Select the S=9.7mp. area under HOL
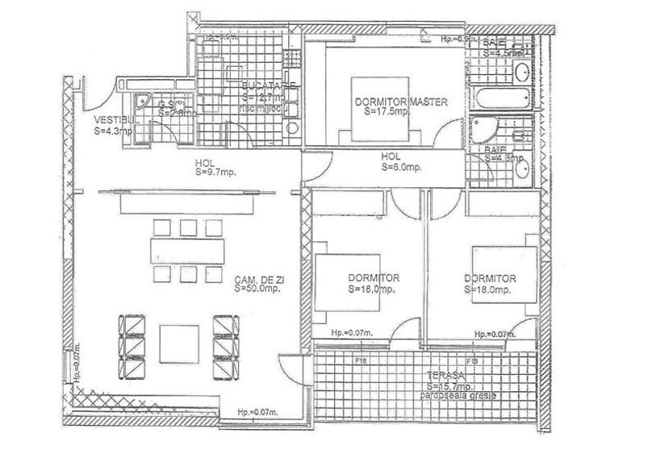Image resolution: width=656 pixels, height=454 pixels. point(216,172)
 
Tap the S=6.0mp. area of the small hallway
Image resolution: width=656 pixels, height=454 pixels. point(401,168)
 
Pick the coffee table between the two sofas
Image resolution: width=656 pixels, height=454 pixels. point(179,343)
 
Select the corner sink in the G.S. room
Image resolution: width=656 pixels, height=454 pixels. point(144,102)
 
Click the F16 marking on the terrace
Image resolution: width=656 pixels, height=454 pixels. point(361,362)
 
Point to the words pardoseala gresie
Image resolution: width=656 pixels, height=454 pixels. point(456,397)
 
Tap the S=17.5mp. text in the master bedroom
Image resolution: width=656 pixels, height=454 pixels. point(387,112)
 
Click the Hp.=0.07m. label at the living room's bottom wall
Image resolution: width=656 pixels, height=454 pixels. point(257,413)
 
